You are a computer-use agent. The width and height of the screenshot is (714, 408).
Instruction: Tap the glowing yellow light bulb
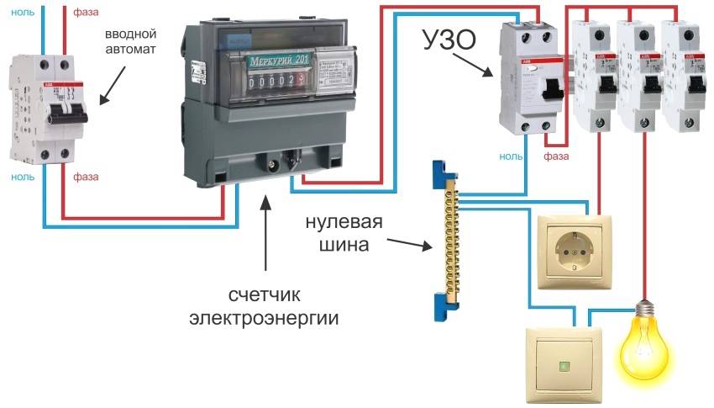click(646, 345)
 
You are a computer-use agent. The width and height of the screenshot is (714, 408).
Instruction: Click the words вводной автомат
click(132, 40)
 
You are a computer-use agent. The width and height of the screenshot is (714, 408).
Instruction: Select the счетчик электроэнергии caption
click(265, 307)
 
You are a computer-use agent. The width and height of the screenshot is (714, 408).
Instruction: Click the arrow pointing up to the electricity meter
click(266, 231)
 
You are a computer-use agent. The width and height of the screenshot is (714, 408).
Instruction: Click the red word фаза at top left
click(88, 12)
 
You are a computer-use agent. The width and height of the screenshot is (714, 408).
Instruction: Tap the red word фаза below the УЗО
click(556, 156)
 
